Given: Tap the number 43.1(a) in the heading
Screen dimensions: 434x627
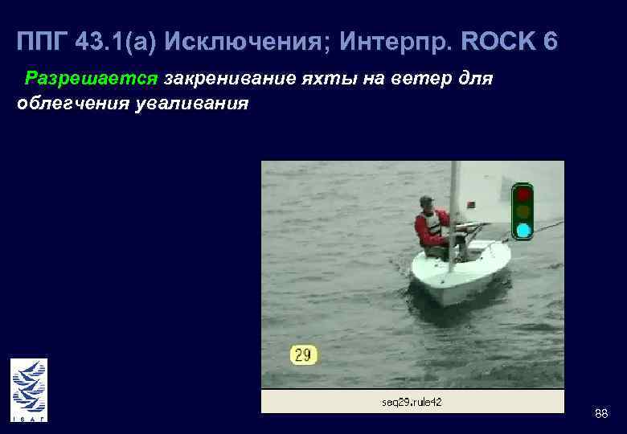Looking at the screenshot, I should coord(119,41).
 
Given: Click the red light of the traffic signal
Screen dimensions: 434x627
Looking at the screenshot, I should coord(523,194).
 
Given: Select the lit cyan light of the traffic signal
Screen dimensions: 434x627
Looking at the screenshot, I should coord(523,231).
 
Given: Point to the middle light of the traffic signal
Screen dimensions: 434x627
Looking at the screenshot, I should coord(523,212).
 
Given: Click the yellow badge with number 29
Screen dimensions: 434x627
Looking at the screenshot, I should coord(304,354).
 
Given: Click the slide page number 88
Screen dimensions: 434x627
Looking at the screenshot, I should coord(600,413).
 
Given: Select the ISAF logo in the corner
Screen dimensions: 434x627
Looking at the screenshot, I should coord(29,390).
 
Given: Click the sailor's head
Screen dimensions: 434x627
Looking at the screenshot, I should coord(427,203).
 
